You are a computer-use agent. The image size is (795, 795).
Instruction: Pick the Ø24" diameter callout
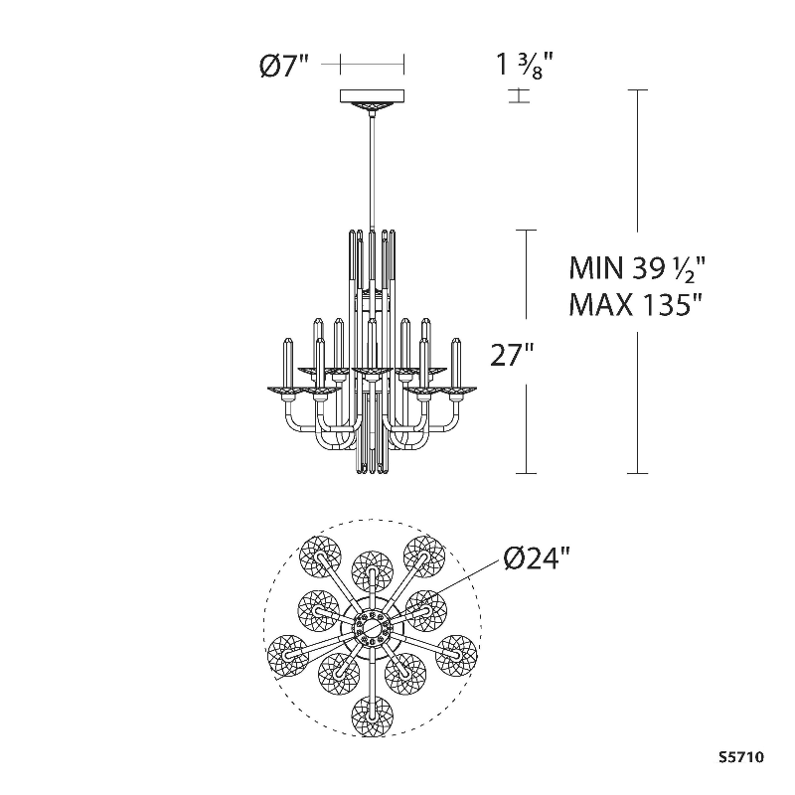tap(538, 560)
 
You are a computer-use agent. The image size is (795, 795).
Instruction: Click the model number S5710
tap(741, 757)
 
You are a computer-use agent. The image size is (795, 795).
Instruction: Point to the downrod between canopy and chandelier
tap(372, 169)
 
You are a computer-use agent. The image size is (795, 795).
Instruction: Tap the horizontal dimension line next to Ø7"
tap(372, 65)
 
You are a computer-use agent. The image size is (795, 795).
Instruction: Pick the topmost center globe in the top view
tap(372, 566)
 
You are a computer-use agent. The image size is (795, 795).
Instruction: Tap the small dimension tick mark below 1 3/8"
tap(518, 96)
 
